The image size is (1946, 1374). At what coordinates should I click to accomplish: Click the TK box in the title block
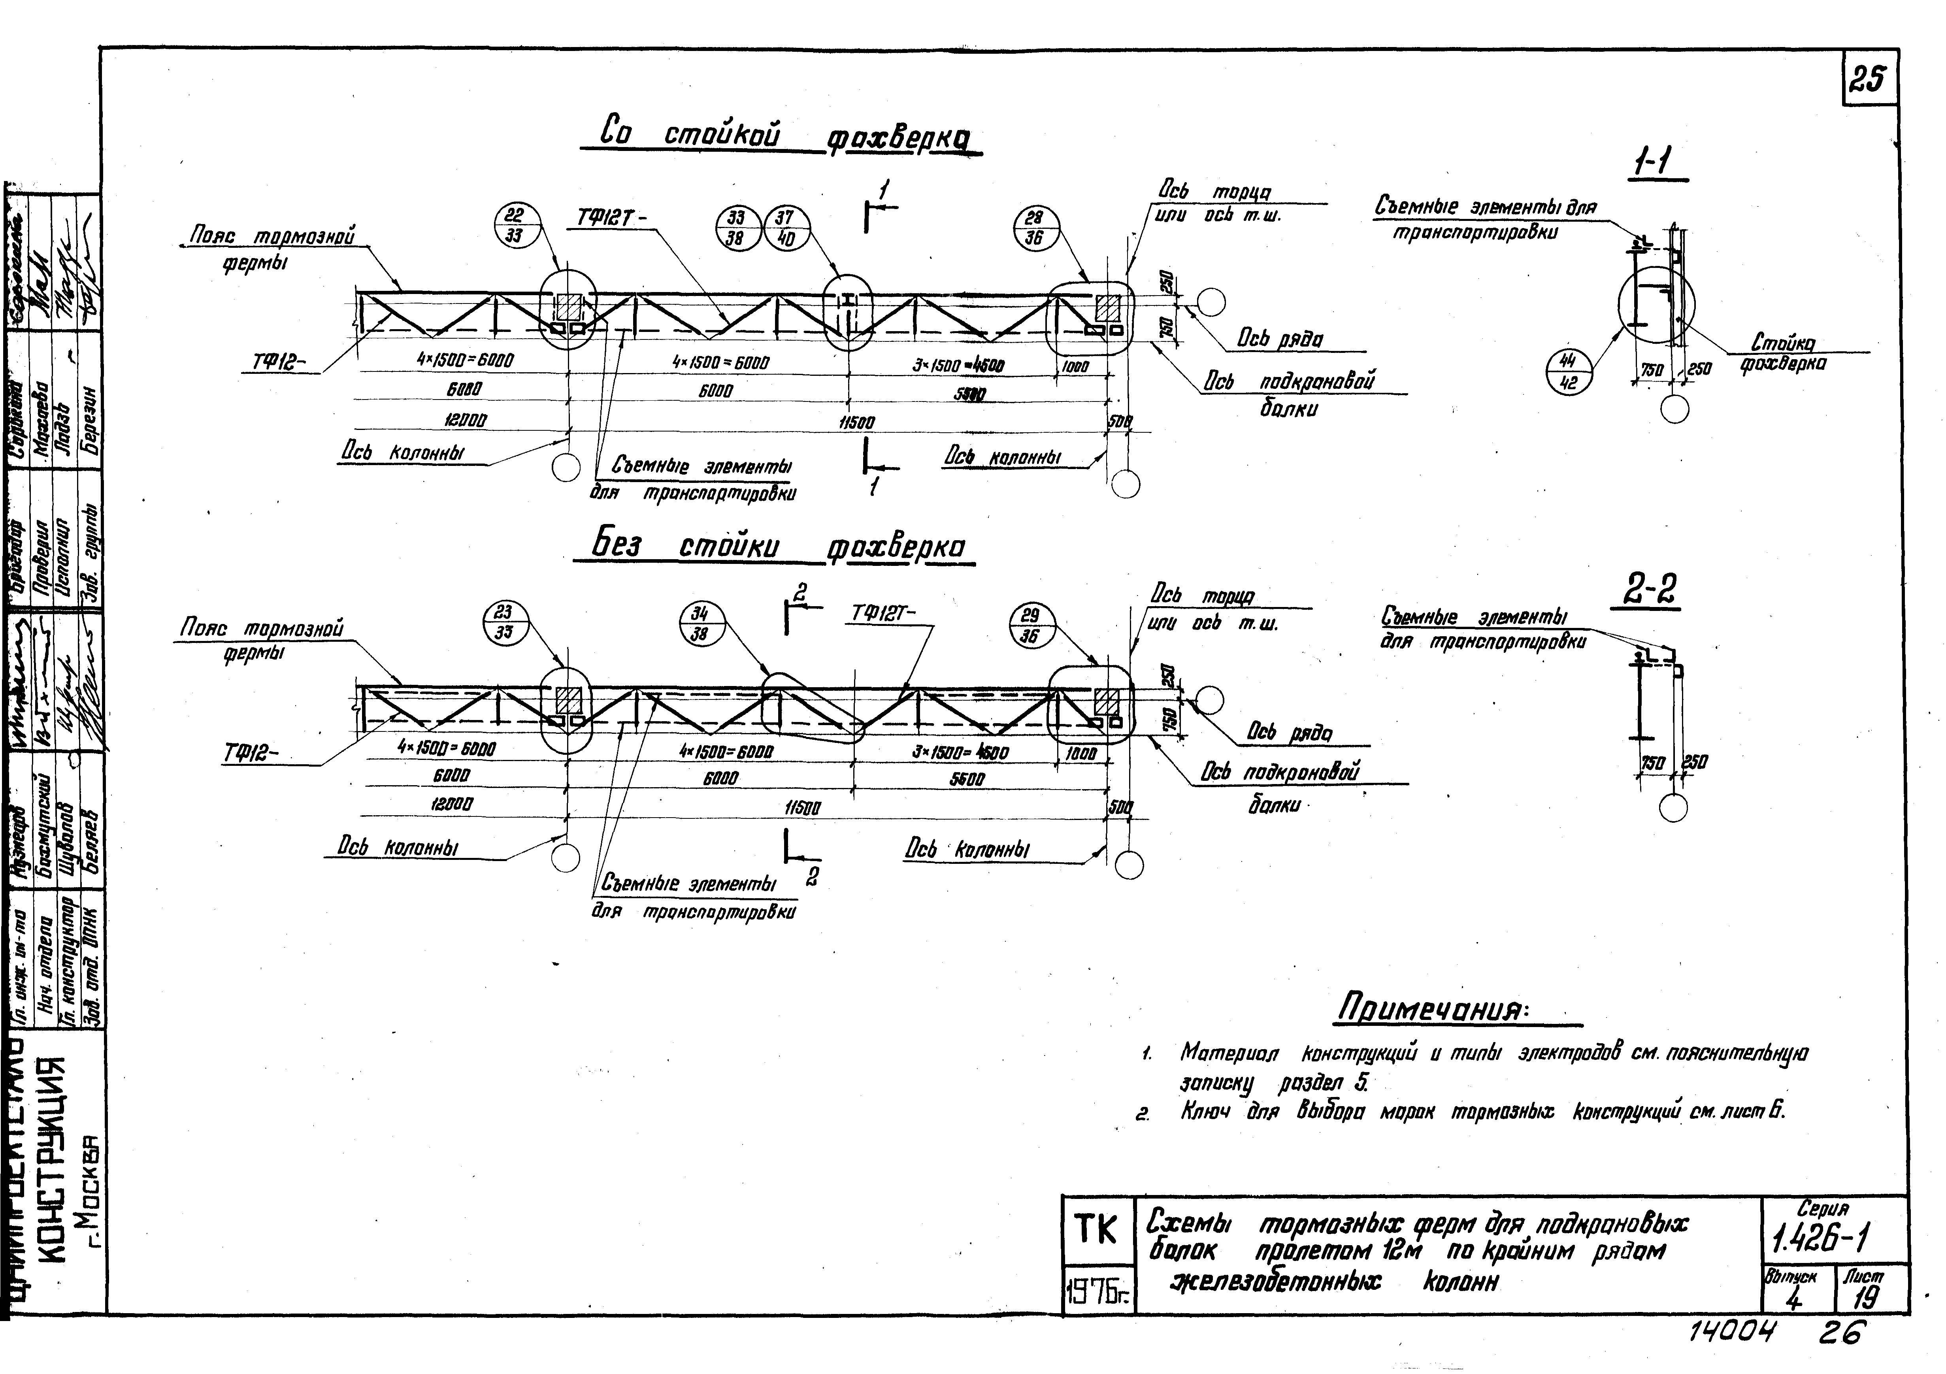(x=1097, y=1230)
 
